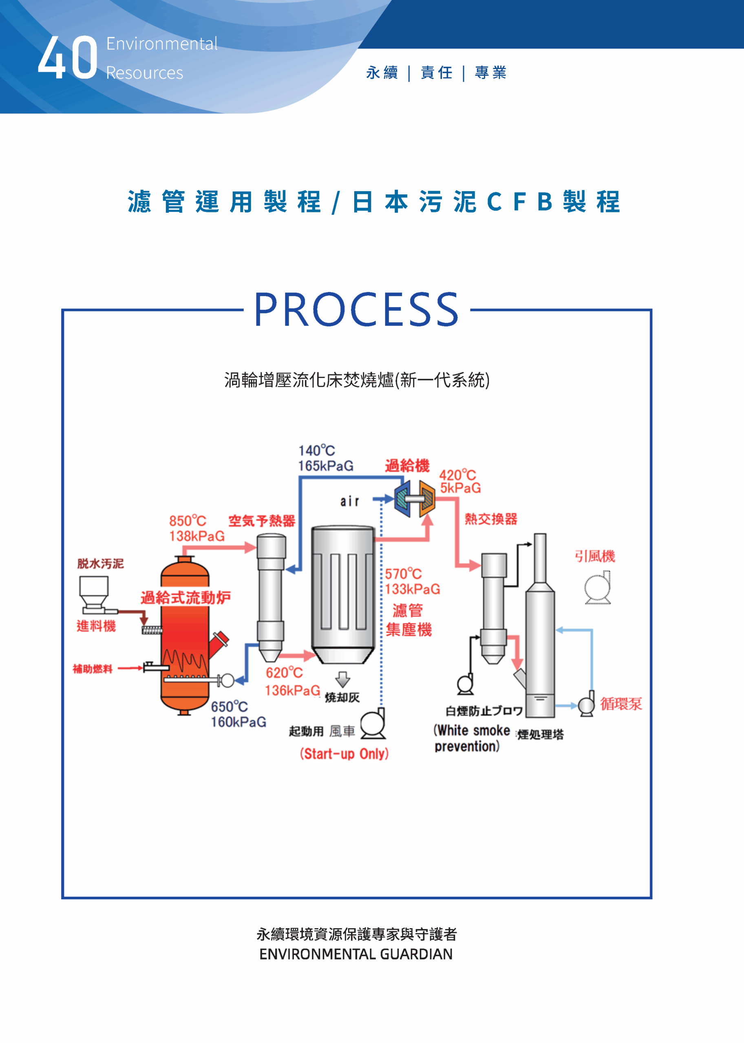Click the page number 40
(67, 58)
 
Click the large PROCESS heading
(356, 310)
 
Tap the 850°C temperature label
(188, 521)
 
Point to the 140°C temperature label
(316, 451)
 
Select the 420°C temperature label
(457, 475)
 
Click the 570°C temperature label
(403, 574)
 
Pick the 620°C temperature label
(284, 673)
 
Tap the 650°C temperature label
(229, 706)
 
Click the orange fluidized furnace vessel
(185, 636)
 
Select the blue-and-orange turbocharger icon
(415, 499)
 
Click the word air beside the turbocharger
(349, 502)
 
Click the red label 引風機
(595, 556)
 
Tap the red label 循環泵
(621, 704)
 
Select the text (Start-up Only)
(344, 754)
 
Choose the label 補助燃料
(93, 669)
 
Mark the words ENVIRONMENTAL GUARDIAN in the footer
(355, 954)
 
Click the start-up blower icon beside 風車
(373, 724)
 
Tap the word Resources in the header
(144, 73)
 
